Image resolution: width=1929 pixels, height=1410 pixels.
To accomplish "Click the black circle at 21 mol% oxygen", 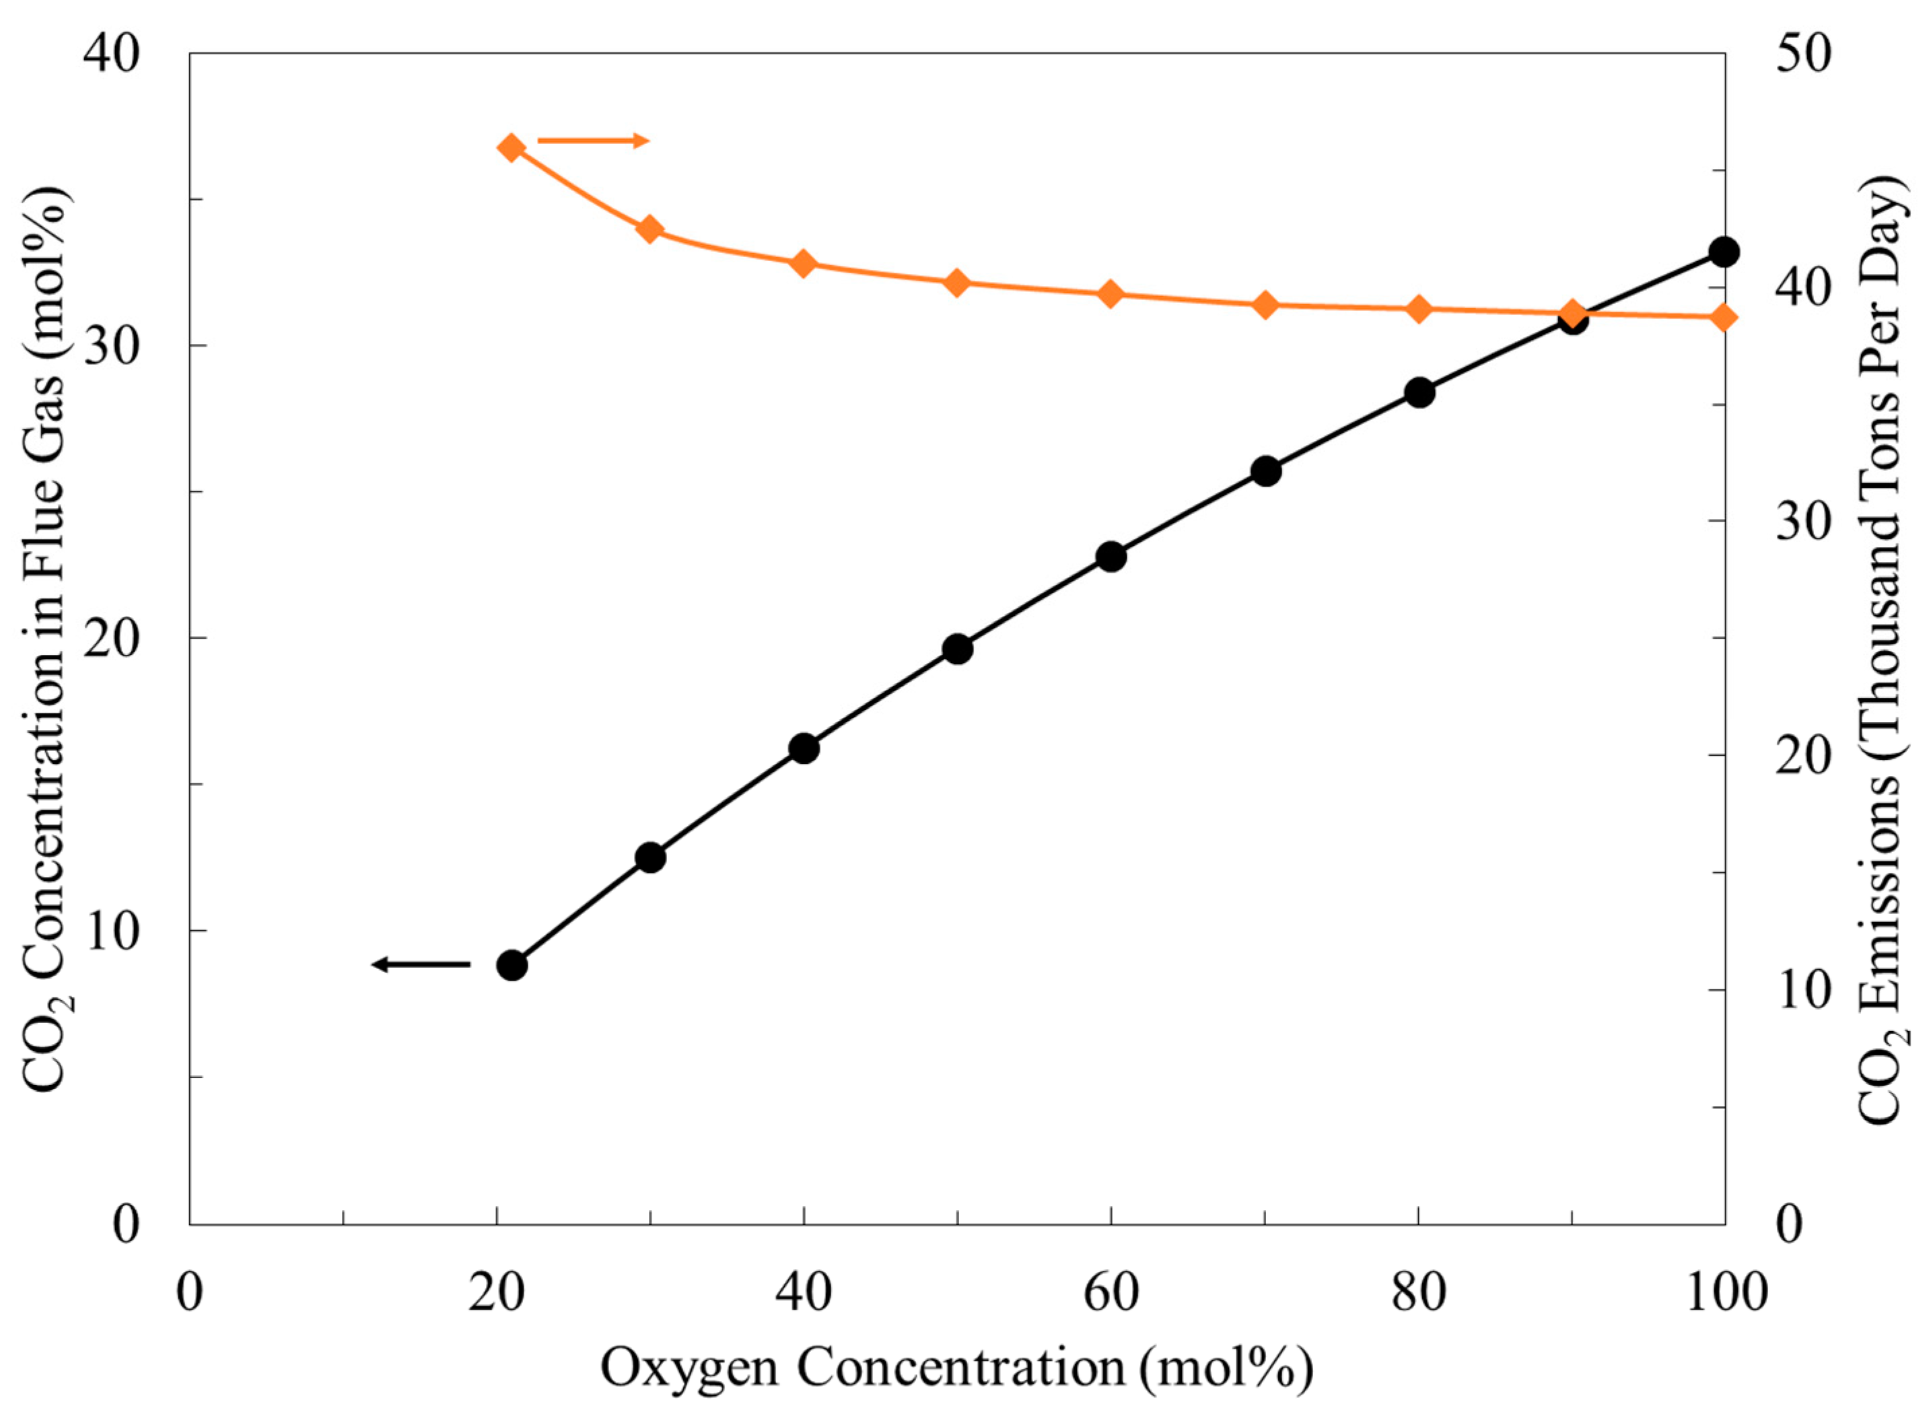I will coord(512,965).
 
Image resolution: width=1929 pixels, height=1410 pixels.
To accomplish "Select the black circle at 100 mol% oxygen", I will coord(1724,252).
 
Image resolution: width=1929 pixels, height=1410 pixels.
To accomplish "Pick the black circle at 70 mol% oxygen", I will coord(1266,471).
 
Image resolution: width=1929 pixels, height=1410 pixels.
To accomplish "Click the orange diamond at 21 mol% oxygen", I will coord(512,147).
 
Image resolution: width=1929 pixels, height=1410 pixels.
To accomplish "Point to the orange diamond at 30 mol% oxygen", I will coord(650,229).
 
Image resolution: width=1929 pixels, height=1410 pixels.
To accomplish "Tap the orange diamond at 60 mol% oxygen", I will coord(1111,293).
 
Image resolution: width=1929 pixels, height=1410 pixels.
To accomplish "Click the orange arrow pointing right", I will coord(593,141).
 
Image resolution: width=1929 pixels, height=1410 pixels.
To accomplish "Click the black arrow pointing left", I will coord(421,964).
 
